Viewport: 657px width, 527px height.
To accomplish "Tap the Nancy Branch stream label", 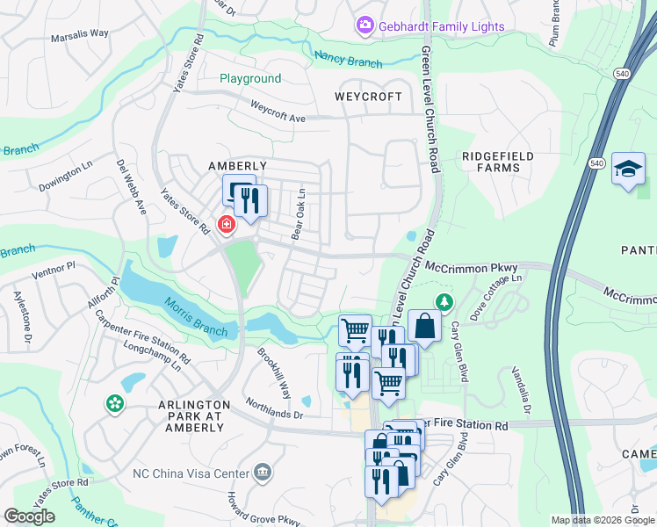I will [x=349, y=60].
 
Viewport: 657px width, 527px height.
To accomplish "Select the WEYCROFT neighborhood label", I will [x=368, y=97].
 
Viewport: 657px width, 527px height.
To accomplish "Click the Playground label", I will [x=250, y=79].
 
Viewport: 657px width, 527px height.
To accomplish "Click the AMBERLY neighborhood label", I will [x=237, y=166].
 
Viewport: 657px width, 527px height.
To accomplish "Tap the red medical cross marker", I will [x=227, y=226].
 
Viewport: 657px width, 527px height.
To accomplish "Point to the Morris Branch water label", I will [x=195, y=318].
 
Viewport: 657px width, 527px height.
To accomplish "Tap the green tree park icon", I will [x=445, y=303].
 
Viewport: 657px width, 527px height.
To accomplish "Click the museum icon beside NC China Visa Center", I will [x=263, y=473].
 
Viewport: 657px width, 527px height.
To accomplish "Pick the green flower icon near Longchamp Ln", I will [x=114, y=404].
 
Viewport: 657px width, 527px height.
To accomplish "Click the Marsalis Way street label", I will [x=79, y=33].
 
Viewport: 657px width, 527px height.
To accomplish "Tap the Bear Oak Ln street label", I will [x=298, y=214].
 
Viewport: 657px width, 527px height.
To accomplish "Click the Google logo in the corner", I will [x=29, y=516].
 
